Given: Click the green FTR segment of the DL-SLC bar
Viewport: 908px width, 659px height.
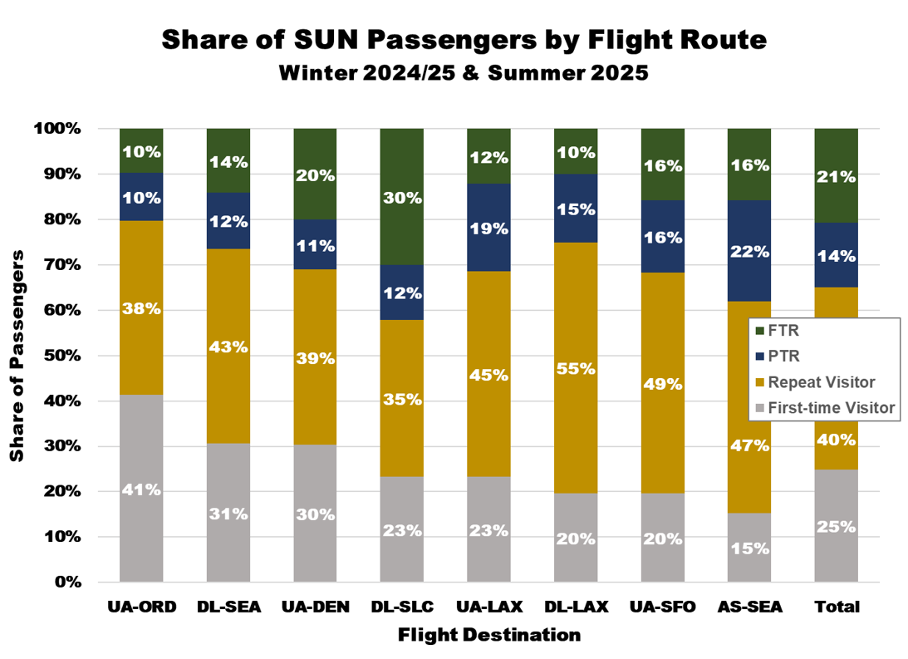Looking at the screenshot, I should point(401,197).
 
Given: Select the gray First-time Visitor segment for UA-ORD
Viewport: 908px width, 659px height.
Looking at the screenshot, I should point(141,488).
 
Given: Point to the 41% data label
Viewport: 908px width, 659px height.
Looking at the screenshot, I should point(141,489).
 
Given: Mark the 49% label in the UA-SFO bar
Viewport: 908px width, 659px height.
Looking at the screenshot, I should point(663,384).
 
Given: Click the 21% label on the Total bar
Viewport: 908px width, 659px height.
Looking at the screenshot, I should point(837,176).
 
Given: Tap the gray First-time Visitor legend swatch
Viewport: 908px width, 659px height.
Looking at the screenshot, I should point(759,408).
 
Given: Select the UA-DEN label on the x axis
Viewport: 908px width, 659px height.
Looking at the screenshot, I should point(315,607).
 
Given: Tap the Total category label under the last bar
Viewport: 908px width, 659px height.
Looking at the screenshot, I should point(837,607).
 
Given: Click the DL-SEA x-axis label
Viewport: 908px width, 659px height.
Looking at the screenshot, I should point(228,607).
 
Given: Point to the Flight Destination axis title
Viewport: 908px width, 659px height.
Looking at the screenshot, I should point(488,636).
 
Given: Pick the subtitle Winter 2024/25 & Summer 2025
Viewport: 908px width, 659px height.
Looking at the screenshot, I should point(463,73).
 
